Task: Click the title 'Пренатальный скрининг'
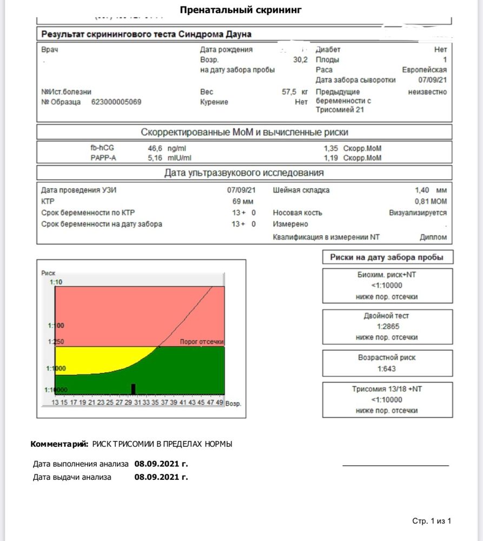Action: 241,10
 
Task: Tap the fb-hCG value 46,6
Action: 156,148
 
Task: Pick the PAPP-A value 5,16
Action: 156,158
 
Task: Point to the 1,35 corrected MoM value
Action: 331,148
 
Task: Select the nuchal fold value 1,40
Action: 422,190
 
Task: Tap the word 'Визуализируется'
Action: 418,213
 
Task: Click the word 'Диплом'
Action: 433,237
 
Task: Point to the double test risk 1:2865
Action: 387,327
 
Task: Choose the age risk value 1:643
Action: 387,369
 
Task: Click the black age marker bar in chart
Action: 133,389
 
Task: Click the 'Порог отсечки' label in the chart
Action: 201,342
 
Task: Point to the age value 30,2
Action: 300,60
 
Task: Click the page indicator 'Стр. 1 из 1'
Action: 431,521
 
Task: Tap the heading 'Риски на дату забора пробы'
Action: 387,258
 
